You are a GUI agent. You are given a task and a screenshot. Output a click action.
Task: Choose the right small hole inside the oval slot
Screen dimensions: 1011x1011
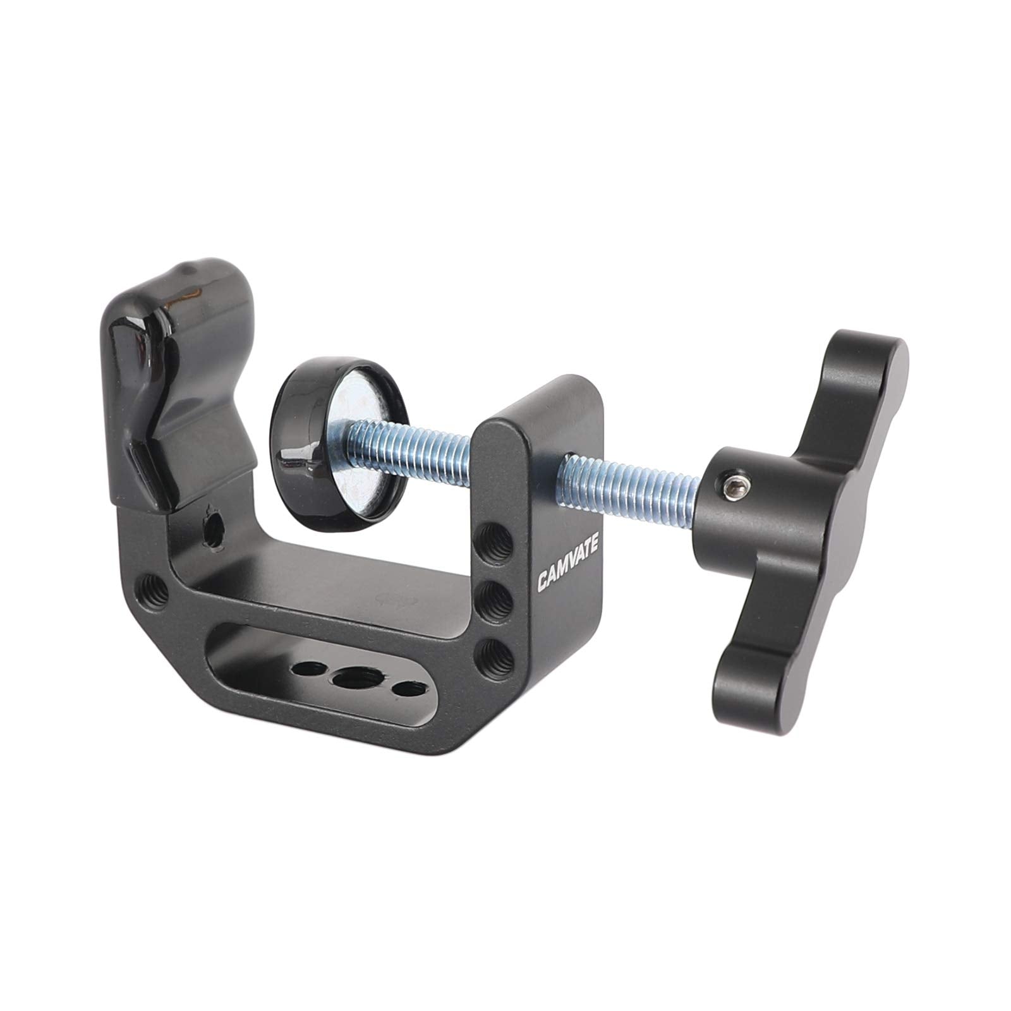[x=404, y=686]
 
